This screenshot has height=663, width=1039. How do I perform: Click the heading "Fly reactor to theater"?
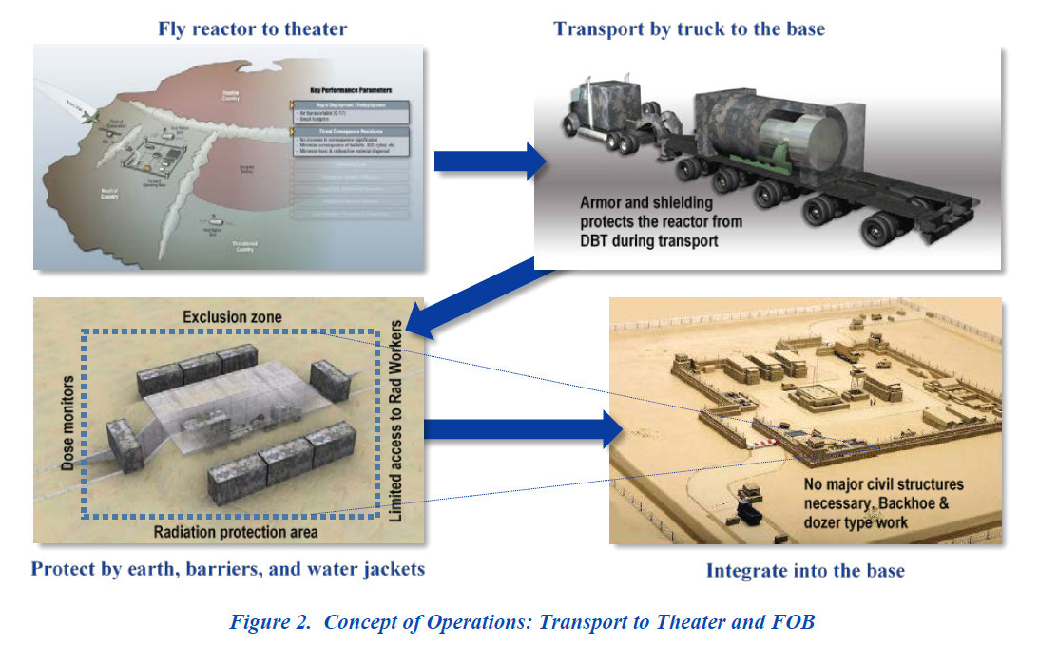click(252, 28)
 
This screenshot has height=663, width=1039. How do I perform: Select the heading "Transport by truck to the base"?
click(689, 28)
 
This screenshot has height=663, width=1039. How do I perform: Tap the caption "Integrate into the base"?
click(805, 571)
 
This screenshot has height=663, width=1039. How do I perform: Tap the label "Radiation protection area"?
click(236, 532)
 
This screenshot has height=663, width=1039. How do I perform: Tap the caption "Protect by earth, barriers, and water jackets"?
click(227, 570)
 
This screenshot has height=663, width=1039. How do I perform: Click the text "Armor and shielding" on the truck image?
click(647, 202)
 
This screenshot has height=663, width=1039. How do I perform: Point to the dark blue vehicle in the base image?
click(748, 515)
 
